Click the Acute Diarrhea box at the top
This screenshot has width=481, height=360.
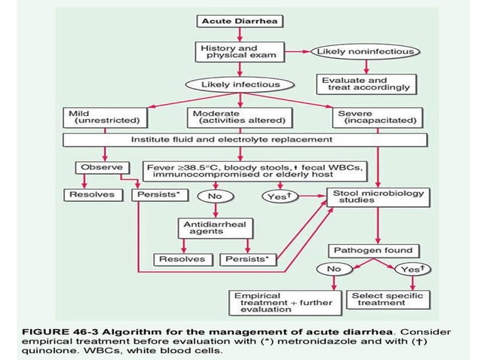click(x=239, y=21)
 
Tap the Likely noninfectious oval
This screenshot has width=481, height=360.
click(x=366, y=51)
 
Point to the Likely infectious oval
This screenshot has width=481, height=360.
click(x=239, y=84)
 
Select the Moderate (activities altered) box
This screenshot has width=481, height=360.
click(x=239, y=117)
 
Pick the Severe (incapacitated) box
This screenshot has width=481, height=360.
click(x=375, y=117)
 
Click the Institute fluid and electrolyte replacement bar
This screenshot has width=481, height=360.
click(x=238, y=139)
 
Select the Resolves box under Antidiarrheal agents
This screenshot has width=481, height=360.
click(x=182, y=259)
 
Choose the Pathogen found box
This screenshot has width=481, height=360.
click(x=375, y=250)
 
